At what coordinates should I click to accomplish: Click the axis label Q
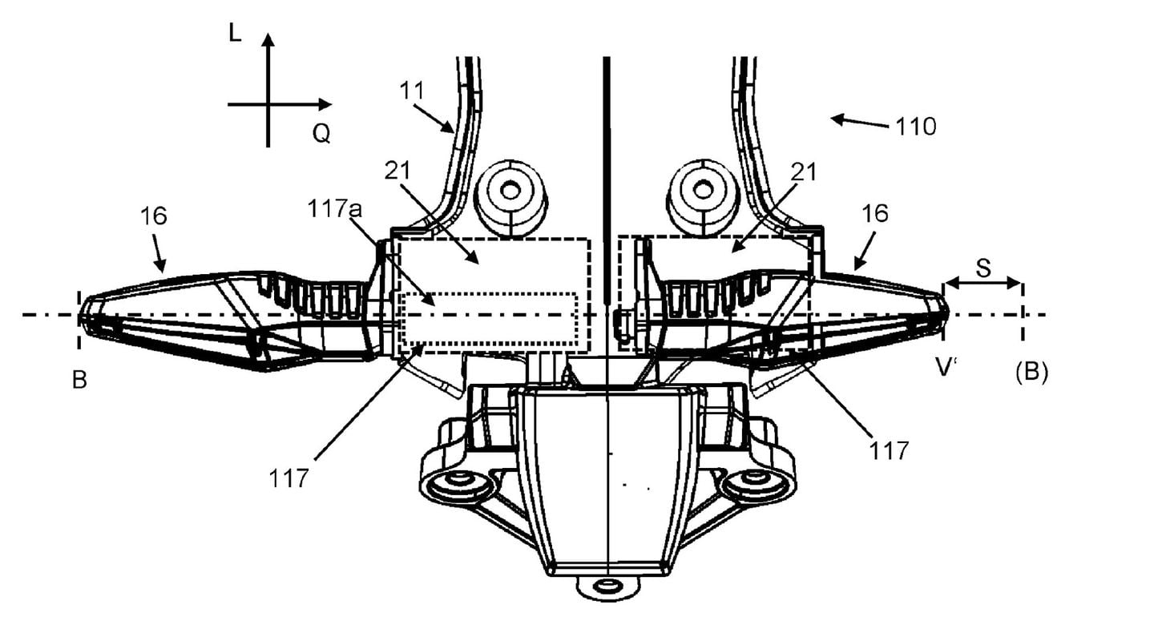pyautogui.click(x=321, y=134)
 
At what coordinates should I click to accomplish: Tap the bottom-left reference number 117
pyautogui.click(x=289, y=478)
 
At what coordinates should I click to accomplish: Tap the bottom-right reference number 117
pyautogui.click(x=890, y=450)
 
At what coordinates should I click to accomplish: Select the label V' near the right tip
pyautogui.click(x=946, y=367)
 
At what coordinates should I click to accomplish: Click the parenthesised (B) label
pyautogui.click(x=1031, y=373)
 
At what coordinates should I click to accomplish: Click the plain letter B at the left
pyautogui.click(x=79, y=380)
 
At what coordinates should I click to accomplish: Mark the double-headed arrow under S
pyautogui.click(x=983, y=282)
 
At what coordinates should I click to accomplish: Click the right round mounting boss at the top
pyautogui.click(x=703, y=192)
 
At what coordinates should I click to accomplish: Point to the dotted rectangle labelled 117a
pyautogui.click(x=490, y=321)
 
